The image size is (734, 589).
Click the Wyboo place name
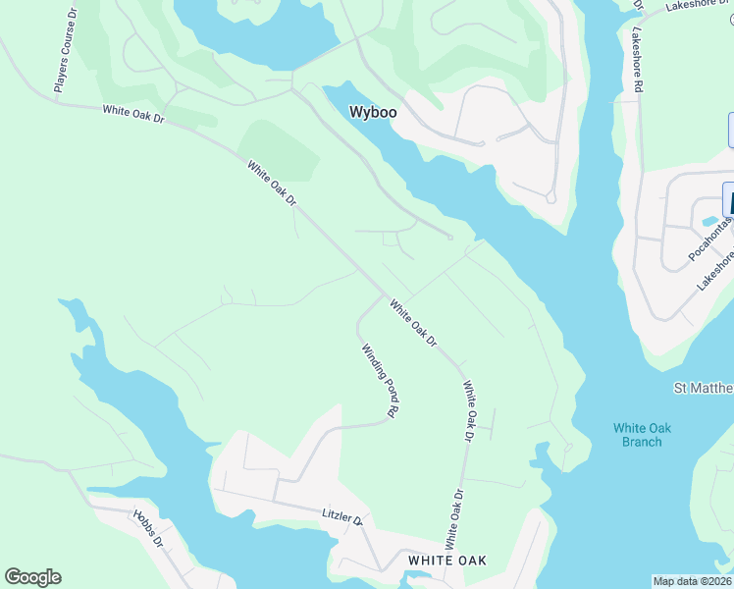pos(373,113)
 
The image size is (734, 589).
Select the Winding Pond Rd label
pos(378,381)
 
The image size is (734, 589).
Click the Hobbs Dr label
pos(148,527)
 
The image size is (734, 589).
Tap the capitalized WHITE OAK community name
pos(447,561)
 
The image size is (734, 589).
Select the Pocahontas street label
pos(711,240)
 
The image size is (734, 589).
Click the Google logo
pos(32,577)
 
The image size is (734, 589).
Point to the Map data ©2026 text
pos(693,581)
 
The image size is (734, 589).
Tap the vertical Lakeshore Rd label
pos(637,60)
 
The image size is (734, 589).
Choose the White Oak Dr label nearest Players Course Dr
pos(133,114)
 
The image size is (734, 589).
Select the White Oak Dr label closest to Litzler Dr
pos(453,519)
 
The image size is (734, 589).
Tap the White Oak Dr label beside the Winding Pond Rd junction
pos(412,322)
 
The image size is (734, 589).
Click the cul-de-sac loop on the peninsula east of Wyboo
pos(550,197)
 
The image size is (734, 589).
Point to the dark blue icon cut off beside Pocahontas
pos(728,199)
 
